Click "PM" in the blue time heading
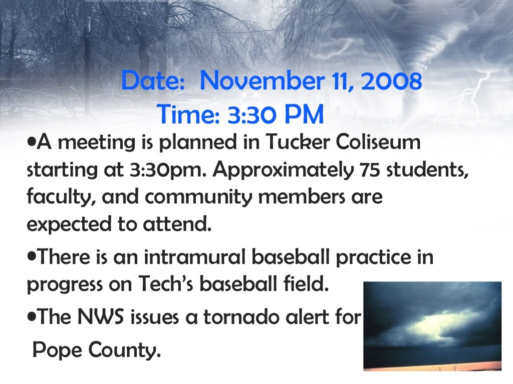click(x=305, y=114)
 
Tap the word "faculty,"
click(x=61, y=197)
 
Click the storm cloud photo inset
click(x=432, y=326)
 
